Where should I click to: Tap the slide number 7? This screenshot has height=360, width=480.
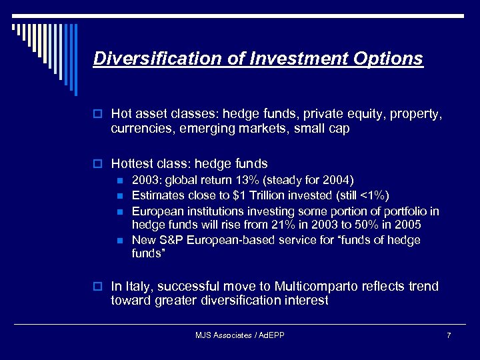(x=449, y=335)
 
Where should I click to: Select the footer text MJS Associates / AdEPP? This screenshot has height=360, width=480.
(x=240, y=335)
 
